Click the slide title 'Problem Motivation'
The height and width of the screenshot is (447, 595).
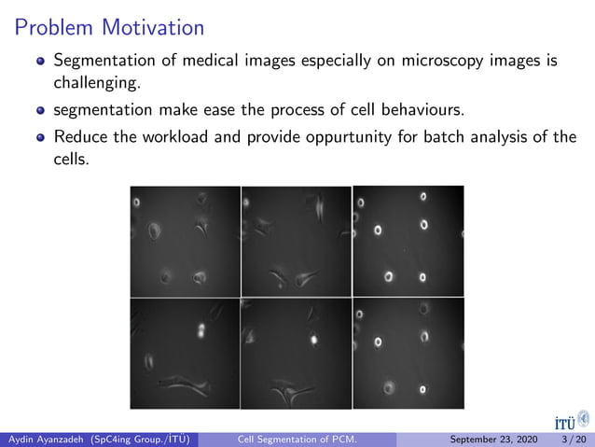[x=109, y=27]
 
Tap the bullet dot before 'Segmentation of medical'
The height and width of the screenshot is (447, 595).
[x=39, y=63]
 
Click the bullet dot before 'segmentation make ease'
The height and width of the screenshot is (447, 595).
[x=39, y=112]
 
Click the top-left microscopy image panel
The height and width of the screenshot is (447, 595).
[x=185, y=241]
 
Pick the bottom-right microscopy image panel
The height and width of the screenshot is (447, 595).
[x=408, y=353]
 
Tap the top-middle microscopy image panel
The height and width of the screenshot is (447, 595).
[x=296, y=241]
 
